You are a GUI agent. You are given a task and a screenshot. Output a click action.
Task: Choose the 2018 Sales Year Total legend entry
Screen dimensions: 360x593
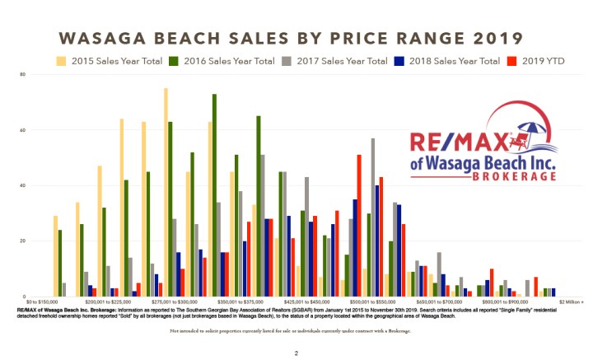[465, 61]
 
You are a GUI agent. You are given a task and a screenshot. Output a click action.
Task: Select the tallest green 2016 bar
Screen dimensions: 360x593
[214, 195]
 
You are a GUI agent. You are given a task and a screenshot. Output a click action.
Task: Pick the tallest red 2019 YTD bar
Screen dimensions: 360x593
[359, 225]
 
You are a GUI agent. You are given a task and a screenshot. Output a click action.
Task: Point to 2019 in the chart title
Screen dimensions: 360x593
[494, 39]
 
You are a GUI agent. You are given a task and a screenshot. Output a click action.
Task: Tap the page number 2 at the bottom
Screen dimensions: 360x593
[296, 353]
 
